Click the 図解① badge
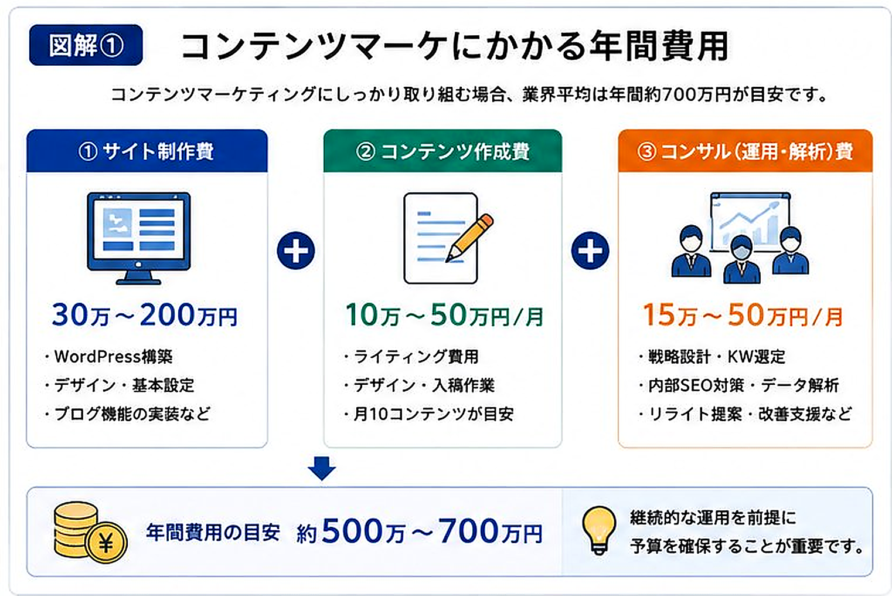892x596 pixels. click(86, 45)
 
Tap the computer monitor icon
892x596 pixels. click(138, 238)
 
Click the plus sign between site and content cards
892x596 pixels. click(296, 250)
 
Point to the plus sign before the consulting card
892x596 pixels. click(590, 250)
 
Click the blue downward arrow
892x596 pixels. click(322, 468)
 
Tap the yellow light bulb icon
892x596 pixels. click(599, 530)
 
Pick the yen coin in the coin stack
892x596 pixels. click(106, 543)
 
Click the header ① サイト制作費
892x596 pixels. click(147, 151)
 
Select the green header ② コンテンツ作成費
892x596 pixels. click(443, 151)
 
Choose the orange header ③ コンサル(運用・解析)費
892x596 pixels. click(745, 151)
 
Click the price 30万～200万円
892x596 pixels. click(145, 316)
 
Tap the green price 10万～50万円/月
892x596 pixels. click(444, 316)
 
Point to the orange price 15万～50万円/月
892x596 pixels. click(743, 316)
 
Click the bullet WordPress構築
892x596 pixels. click(109, 357)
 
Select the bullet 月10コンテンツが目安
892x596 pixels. click(429, 414)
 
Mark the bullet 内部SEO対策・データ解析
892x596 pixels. click(739, 385)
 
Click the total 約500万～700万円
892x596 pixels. click(419, 532)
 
